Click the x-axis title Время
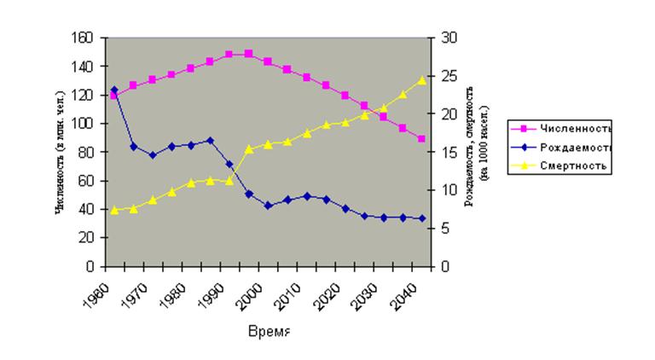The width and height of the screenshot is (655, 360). [x=269, y=330]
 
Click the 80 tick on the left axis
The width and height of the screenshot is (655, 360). [x=86, y=152]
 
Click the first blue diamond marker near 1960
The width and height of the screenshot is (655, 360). [x=114, y=90]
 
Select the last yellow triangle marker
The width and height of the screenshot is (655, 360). [x=421, y=79]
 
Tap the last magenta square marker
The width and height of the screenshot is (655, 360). [x=421, y=138]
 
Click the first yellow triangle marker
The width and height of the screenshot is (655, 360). [x=114, y=210]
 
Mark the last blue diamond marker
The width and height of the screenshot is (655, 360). [x=421, y=218]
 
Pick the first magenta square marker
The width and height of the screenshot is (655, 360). [x=114, y=96]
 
